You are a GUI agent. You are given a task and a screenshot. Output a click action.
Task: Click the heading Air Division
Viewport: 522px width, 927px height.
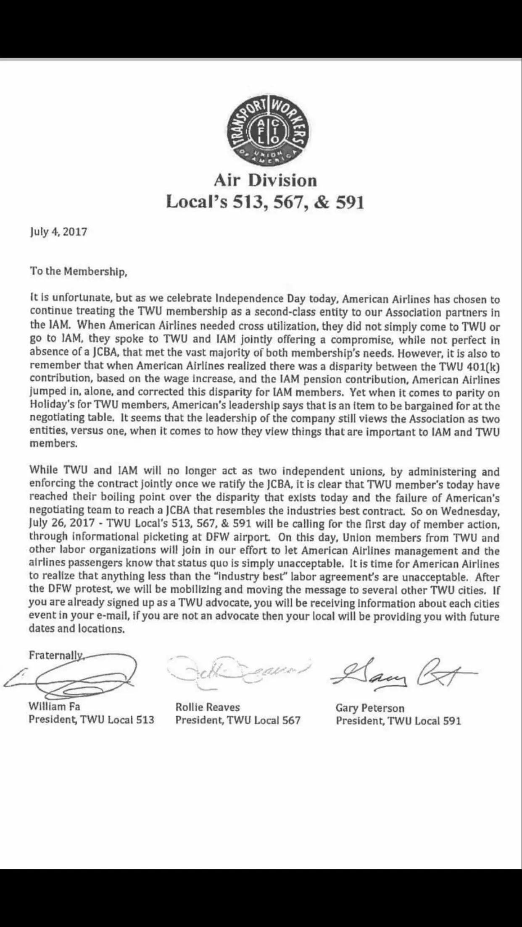pyautogui.click(x=265, y=181)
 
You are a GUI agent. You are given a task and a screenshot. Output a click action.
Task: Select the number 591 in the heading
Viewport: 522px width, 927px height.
pyautogui.click(x=348, y=203)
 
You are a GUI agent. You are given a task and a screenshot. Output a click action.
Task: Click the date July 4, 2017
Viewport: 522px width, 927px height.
pyautogui.click(x=58, y=232)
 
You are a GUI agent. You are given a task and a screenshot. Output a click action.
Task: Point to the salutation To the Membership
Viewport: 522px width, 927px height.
pyautogui.click(x=78, y=272)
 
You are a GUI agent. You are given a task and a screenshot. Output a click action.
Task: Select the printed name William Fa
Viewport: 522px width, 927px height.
pyautogui.click(x=54, y=707)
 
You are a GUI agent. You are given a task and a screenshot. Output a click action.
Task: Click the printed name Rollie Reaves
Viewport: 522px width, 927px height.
pyautogui.click(x=208, y=707)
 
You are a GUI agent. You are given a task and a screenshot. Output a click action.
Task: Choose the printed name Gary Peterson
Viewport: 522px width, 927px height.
pyautogui.click(x=370, y=708)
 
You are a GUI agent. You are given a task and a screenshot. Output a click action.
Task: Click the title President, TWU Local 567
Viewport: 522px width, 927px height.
pyautogui.click(x=238, y=720)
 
